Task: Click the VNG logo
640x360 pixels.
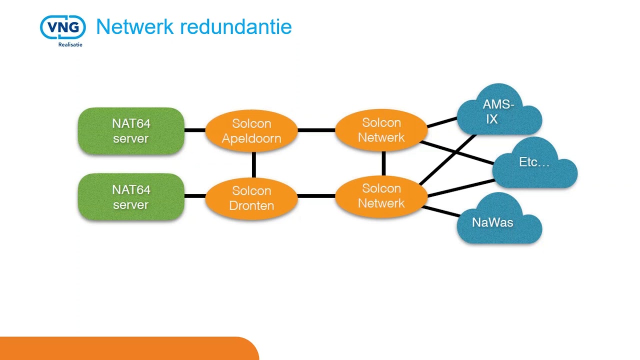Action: click(x=63, y=27)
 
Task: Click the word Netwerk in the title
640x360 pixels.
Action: click(x=135, y=27)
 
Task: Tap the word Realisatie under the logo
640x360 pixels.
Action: click(x=70, y=44)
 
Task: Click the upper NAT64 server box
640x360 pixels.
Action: click(x=131, y=131)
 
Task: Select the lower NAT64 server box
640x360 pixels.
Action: click(x=131, y=197)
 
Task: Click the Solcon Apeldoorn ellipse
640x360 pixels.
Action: click(x=251, y=131)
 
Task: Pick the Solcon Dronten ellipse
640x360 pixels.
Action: click(x=251, y=198)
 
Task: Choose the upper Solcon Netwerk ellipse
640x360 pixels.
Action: click(x=381, y=130)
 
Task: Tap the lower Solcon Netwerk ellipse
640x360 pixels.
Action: click(x=381, y=196)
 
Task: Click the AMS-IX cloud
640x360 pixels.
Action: click(x=499, y=109)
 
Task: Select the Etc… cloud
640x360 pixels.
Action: click(x=535, y=163)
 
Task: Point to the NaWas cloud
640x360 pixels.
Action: click(x=499, y=218)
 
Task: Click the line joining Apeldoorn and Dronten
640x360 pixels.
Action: click(x=254, y=164)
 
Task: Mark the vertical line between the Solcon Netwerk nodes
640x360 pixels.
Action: click(x=383, y=163)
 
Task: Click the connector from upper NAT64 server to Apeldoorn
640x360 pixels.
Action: click(x=195, y=130)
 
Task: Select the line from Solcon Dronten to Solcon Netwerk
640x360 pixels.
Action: click(x=316, y=196)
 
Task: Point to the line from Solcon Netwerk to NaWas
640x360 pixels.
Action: click(x=441, y=211)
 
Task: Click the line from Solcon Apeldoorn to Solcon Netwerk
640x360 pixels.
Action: click(x=316, y=130)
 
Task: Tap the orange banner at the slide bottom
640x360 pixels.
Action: click(x=129, y=348)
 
